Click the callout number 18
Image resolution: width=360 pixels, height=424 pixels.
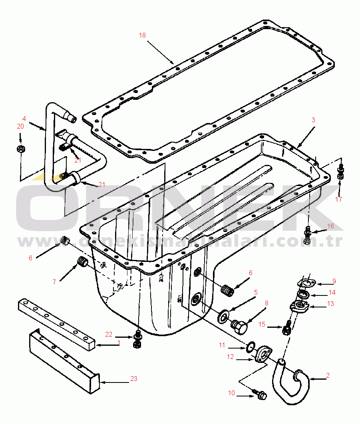point(142,35)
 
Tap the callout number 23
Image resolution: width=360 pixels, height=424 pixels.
point(134,378)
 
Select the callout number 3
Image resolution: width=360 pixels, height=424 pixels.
point(313,119)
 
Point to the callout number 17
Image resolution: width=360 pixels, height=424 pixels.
point(338,199)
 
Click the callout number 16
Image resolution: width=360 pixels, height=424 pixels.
point(330,226)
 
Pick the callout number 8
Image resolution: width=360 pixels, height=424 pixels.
point(267,303)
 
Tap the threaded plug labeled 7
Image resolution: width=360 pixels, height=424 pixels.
point(82,263)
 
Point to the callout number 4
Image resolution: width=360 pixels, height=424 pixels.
point(24,119)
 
